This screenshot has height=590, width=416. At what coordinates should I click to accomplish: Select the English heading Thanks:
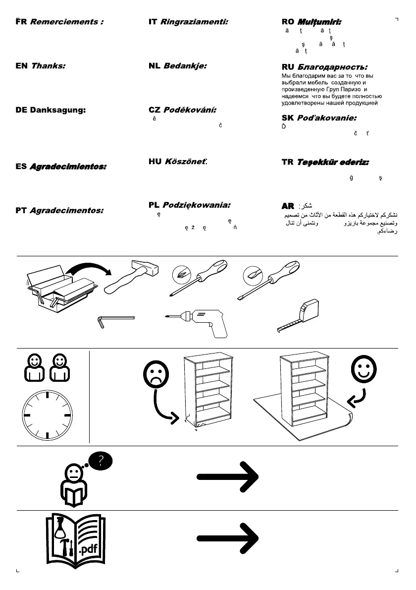coord(48,65)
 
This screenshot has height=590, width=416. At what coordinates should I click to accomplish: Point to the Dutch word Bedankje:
coord(185,65)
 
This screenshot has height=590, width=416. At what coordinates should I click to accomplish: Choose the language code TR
coord(287,162)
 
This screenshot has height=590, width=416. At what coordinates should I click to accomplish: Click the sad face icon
coord(156,375)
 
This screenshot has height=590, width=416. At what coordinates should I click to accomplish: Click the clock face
coord(47,414)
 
